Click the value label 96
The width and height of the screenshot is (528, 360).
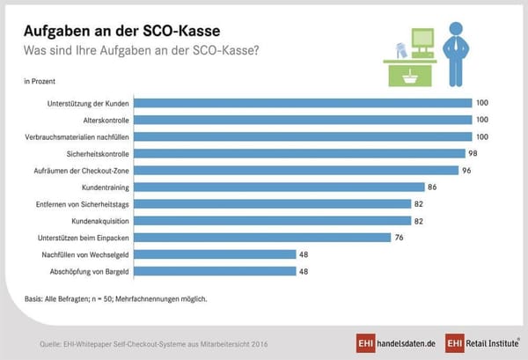(466, 170)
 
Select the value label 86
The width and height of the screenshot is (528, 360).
(432, 187)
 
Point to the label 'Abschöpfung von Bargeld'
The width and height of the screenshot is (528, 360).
(88, 271)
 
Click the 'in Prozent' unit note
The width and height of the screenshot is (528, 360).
(39, 81)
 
